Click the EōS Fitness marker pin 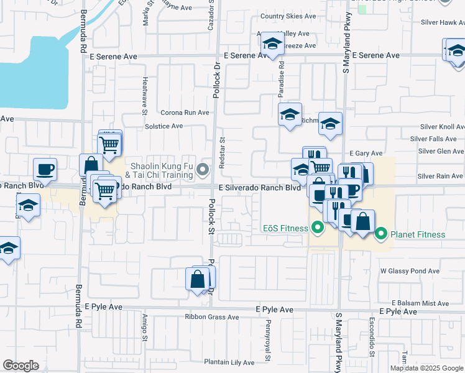pyautogui.click(x=317, y=228)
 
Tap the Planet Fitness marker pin pyautogui.click(x=381, y=234)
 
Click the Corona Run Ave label pyautogui.click(x=185, y=113)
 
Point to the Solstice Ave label pyautogui.click(x=163, y=126)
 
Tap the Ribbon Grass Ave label pyautogui.click(x=211, y=316)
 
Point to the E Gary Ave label pyautogui.click(x=366, y=153)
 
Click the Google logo pyautogui.click(x=21, y=366)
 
